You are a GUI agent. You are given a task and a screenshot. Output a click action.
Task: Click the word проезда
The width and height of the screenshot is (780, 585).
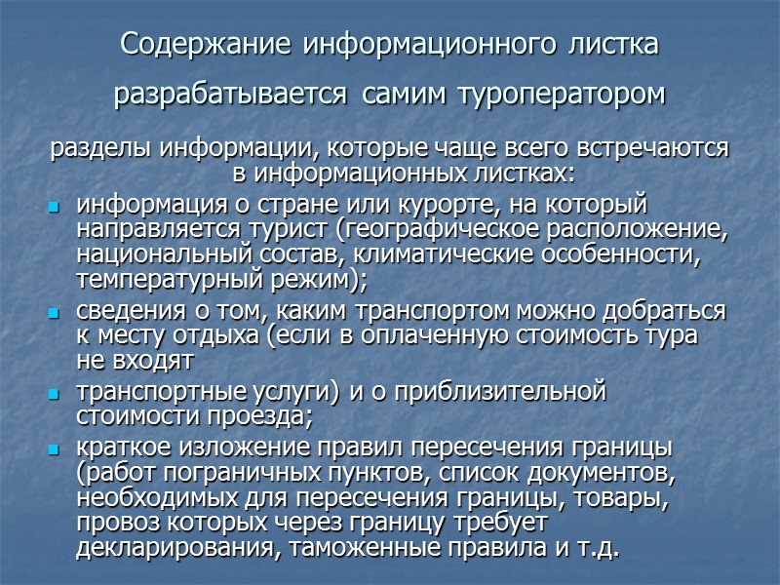pos(261,416)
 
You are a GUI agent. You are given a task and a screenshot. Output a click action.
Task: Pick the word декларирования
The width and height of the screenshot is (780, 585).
pos(159,548)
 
